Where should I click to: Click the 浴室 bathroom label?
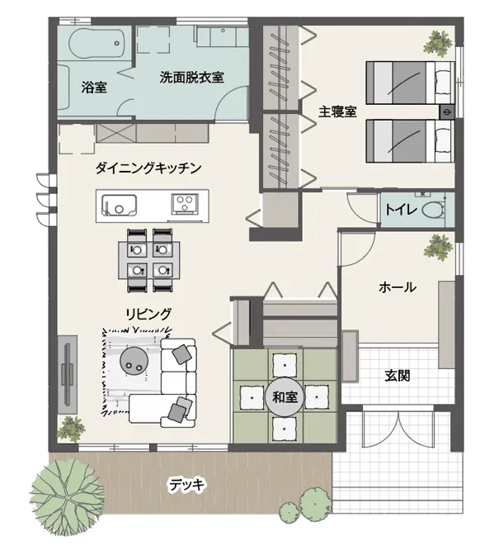point(94,87)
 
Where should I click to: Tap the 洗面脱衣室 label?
point(191,77)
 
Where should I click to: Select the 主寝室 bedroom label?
point(337,111)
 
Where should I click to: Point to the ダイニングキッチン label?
point(148,168)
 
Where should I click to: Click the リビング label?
point(149,314)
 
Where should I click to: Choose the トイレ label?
point(401,210)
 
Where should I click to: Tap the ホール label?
point(398,287)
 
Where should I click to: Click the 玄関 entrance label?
point(398,376)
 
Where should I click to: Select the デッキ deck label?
point(186,485)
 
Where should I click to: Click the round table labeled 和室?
point(285,397)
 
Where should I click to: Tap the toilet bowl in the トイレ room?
point(434,211)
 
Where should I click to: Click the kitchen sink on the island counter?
point(119,205)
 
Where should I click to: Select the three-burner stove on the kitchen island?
point(184,204)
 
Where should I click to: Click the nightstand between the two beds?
point(447,111)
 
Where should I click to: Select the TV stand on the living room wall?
point(68,375)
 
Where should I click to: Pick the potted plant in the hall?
point(437,248)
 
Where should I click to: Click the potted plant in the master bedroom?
point(438,44)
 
